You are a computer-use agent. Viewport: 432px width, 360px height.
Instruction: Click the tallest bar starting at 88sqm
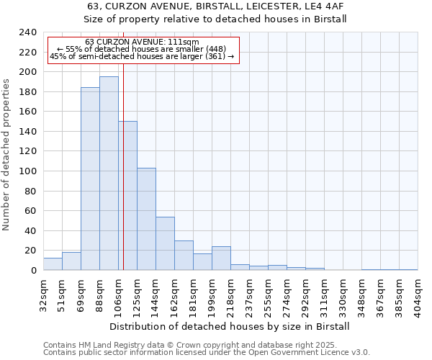coord(109,174)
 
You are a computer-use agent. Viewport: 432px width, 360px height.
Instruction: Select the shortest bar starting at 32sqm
coord(53,264)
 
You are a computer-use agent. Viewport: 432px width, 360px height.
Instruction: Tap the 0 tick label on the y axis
coord(33,271)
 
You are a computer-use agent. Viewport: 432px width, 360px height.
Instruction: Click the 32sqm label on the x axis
coord(44,295)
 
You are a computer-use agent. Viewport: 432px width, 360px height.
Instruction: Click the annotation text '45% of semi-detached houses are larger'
coord(142,57)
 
